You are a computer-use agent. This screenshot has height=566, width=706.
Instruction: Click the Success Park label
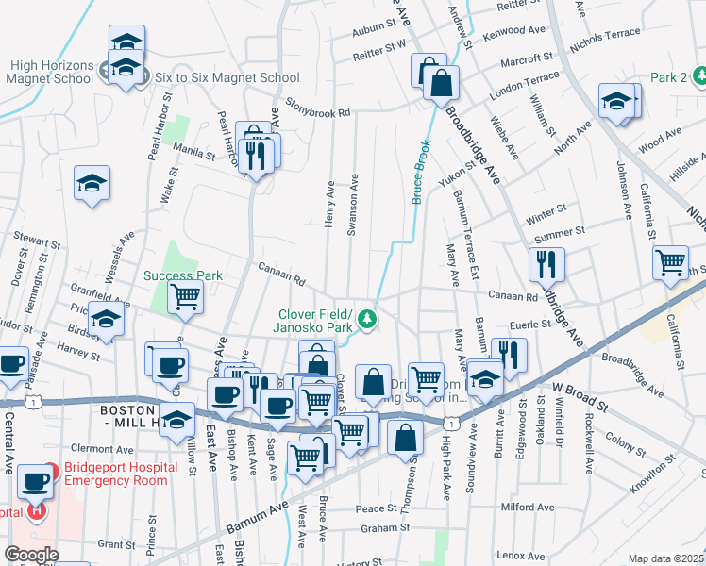click(183, 276)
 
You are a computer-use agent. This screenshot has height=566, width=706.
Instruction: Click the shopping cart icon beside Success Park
click(186, 297)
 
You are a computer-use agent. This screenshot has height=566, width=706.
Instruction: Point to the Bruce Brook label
click(421, 172)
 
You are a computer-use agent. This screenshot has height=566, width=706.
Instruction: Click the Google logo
click(32, 555)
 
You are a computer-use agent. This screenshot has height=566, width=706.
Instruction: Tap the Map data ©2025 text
click(665, 558)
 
